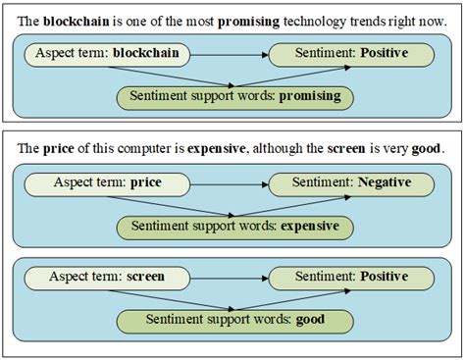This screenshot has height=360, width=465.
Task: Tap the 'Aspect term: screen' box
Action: point(106,277)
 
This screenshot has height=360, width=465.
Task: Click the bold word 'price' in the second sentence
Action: point(58,149)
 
